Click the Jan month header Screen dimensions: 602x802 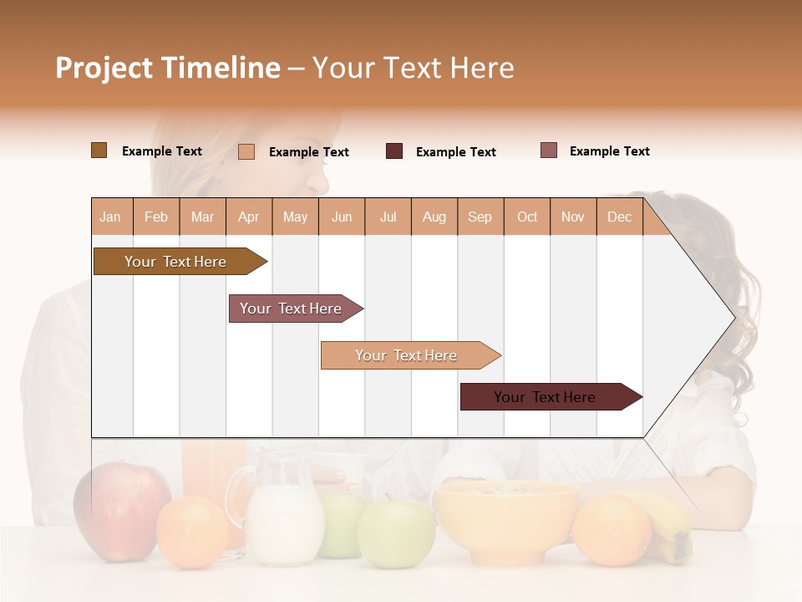[x=111, y=217]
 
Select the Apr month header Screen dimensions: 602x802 [x=249, y=217]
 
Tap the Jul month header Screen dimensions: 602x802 [x=388, y=217]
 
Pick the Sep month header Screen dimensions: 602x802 [x=480, y=217]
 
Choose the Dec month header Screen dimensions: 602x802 [x=619, y=217]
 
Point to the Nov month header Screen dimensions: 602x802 [x=573, y=217]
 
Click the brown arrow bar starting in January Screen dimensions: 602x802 [x=176, y=262]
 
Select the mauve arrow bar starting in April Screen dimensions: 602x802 [x=292, y=309]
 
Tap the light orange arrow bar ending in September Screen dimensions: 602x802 [x=407, y=355]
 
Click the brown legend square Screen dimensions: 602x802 [x=99, y=150]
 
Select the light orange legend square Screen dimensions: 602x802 [x=246, y=151]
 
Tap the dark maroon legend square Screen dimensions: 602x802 [x=394, y=151]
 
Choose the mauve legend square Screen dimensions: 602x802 [x=549, y=150]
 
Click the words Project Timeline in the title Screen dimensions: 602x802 [x=168, y=68]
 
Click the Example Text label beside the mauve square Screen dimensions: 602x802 [x=609, y=151]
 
